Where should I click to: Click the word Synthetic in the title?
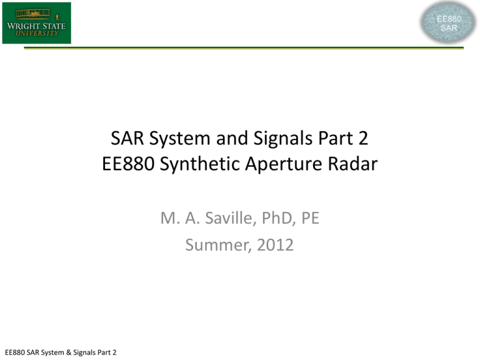tap(200, 164)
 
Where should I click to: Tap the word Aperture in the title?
tap(284, 164)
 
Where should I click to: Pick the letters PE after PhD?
tap(311, 218)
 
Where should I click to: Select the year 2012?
tap(275, 245)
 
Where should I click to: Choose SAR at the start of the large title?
tap(127, 138)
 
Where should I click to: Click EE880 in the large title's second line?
tap(128, 164)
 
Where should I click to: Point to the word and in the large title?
tap(232, 138)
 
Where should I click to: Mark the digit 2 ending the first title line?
tap(363, 138)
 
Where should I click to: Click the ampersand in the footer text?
tap(68, 352)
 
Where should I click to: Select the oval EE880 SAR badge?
tap(448, 22)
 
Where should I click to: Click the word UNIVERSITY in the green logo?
tap(37, 33)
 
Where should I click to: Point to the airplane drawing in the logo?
tap(33, 14)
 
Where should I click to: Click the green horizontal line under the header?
tap(244, 47)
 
